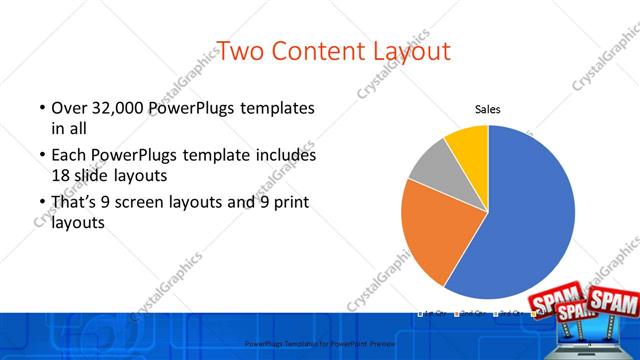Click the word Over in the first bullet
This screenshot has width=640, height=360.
68,108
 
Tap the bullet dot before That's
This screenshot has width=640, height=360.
42,204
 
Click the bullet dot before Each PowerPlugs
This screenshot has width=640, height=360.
42,156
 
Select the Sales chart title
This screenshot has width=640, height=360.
487,110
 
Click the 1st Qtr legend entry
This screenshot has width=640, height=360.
434,313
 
